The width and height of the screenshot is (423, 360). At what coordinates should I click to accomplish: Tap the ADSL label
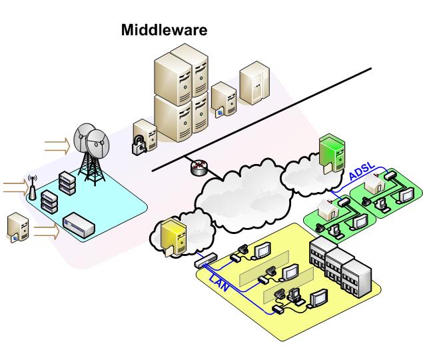pyautogui.click(x=362, y=171)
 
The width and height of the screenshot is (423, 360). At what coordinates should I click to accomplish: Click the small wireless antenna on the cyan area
pyautogui.click(x=31, y=187)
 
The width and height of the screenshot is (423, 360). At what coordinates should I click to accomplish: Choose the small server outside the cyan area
pyautogui.click(x=18, y=228)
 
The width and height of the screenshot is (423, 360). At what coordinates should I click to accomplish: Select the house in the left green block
pyautogui.click(x=328, y=208)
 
